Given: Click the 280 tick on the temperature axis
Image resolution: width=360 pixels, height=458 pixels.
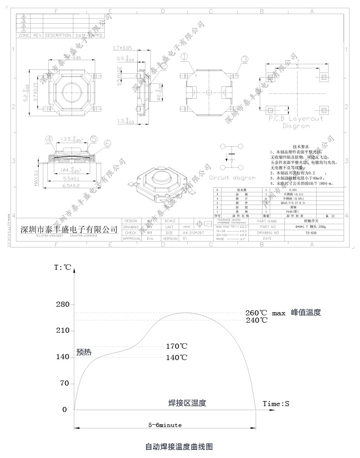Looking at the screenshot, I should [x=62, y=304].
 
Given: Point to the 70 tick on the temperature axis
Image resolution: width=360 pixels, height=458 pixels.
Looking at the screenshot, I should [x=64, y=383].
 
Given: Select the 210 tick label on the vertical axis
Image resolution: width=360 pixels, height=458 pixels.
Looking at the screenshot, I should [x=62, y=330].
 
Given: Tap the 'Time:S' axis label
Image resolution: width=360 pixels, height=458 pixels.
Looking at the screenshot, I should [x=276, y=404].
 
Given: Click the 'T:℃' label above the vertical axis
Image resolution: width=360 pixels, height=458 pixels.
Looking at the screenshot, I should [x=62, y=268].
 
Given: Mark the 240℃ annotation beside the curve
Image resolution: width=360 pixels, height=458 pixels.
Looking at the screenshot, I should [x=257, y=320].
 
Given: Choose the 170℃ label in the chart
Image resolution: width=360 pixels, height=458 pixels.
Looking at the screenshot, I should [x=176, y=346].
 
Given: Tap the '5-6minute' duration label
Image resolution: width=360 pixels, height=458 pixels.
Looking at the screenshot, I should [x=165, y=425].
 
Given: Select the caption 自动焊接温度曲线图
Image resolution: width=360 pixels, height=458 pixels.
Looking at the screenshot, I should [x=179, y=446].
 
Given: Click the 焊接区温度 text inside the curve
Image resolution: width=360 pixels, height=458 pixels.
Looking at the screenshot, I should [x=187, y=403].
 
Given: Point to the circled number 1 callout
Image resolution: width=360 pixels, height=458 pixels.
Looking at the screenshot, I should [x=184, y=57].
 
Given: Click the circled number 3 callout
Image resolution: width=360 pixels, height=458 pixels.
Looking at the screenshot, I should [x=245, y=59].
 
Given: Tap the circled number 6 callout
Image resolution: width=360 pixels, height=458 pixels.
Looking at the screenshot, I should [x=108, y=143].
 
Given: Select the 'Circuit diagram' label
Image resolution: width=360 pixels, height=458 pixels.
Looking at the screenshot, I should [x=232, y=178].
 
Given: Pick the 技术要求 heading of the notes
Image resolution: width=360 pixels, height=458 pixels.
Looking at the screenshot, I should [x=300, y=146].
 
